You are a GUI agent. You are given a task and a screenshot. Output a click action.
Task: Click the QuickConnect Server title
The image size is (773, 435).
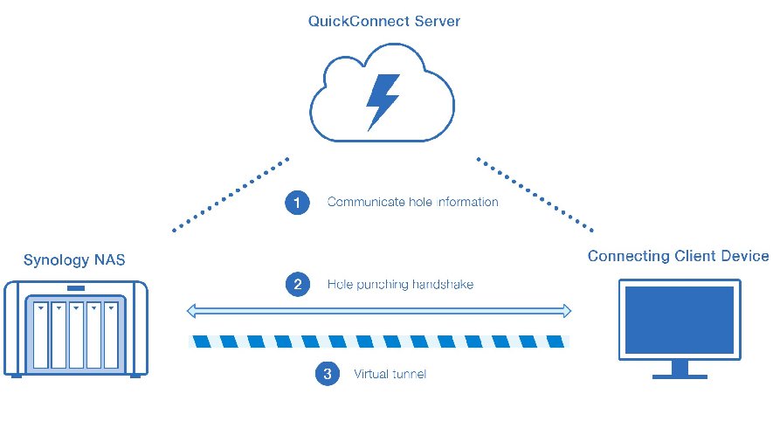pyautogui.click(x=384, y=20)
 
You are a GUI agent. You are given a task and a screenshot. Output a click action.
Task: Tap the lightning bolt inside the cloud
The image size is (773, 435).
pyautogui.click(x=383, y=101)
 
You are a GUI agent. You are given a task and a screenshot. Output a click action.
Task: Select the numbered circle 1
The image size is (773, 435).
pyautogui.click(x=298, y=203)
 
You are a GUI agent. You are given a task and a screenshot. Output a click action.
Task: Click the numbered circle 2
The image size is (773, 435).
pyautogui.click(x=298, y=284)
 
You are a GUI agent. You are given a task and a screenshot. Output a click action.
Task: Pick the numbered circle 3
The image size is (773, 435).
pyautogui.click(x=327, y=374)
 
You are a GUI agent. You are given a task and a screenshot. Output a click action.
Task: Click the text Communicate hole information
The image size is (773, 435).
pyautogui.click(x=412, y=203)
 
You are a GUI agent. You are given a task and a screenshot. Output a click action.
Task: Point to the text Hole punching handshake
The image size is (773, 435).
pyautogui.click(x=400, y=284)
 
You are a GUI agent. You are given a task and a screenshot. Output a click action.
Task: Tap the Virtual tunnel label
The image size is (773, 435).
pyautogui.click(x=390, y=374)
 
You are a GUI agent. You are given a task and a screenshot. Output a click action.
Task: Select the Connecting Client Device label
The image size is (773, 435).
pyautogui.click(x=678, y=256)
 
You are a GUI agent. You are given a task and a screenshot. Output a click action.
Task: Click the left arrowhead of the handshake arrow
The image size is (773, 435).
pyautogui.click(x=194, y=311)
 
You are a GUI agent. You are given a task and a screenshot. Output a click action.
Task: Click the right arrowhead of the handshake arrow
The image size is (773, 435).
pyautogui.click(x=566, y=311)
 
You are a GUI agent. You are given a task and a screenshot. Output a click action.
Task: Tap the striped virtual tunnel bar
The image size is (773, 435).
pyautogui.click(x=379, y=342)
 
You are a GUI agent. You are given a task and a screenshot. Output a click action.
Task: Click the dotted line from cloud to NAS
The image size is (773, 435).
pyautogui.click(x=231, y=195)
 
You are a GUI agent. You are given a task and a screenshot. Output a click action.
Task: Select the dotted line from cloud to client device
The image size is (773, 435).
pyautogui.click(x=534, y=194)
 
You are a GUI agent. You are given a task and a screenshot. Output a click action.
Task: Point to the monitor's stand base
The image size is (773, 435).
pyautogui.click(x=679, y=376)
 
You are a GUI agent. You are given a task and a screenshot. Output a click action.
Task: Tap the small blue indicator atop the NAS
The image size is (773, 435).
pyautogui.click(x=75, y=288)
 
